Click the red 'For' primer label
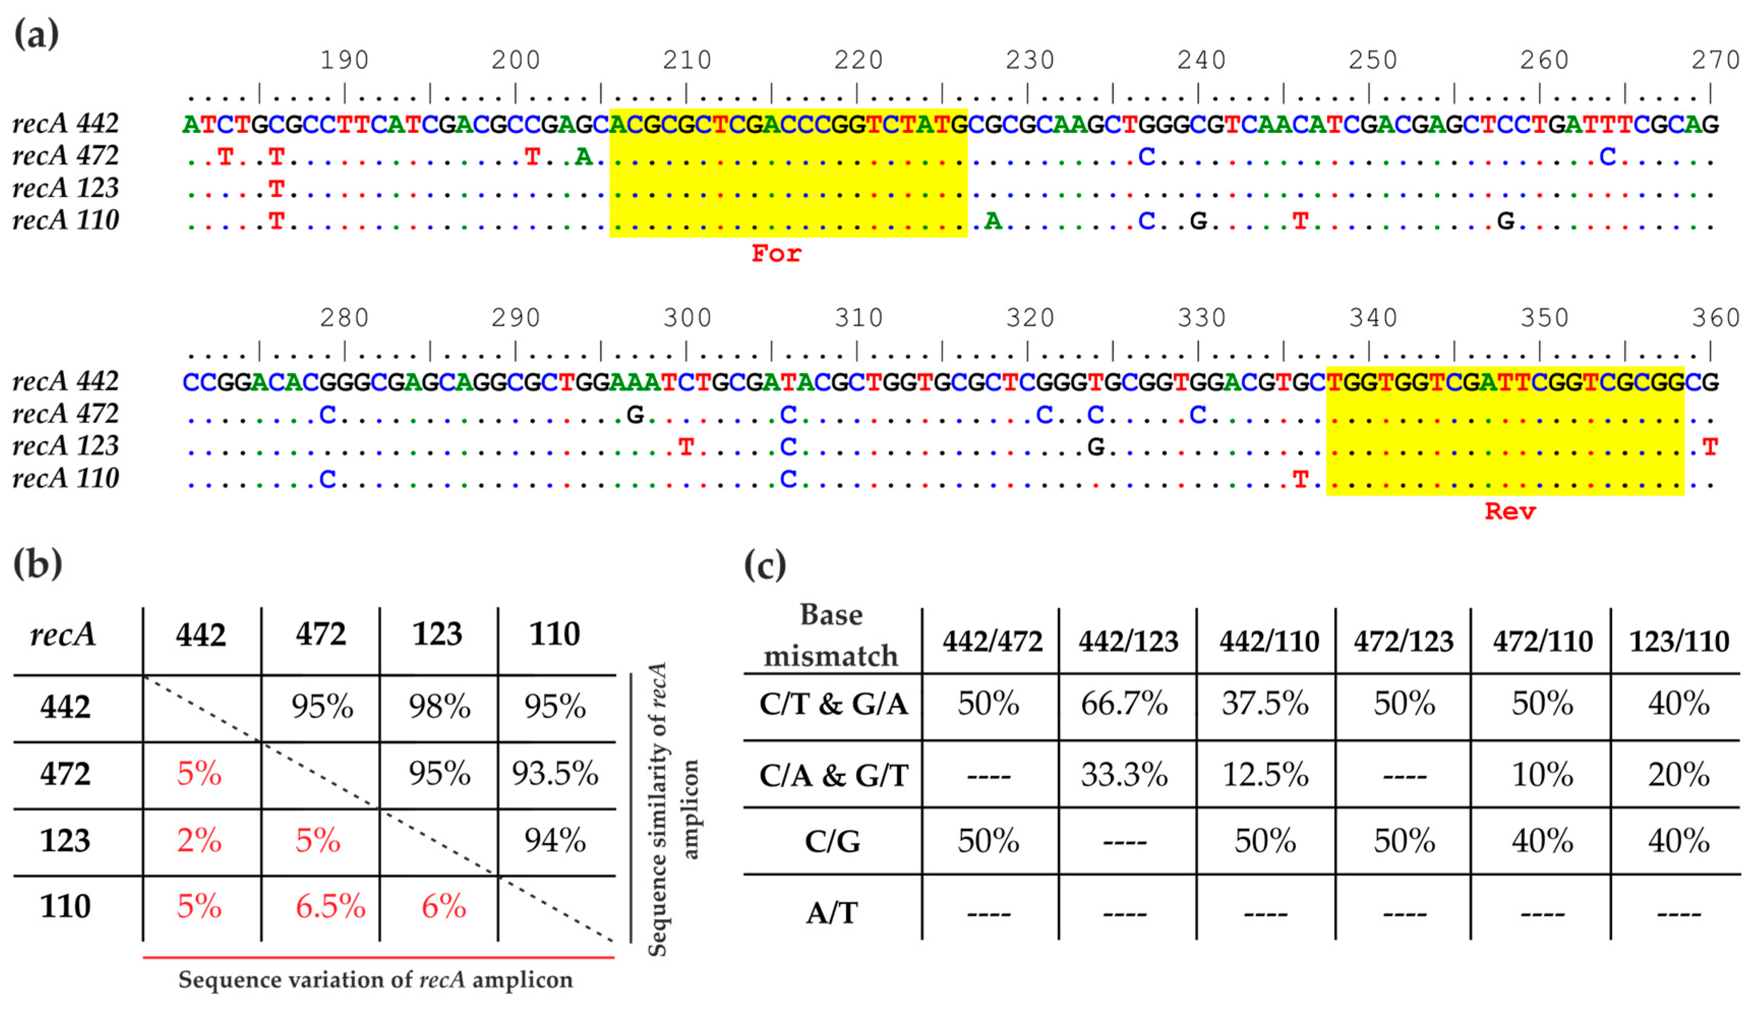click(x=776, y=254)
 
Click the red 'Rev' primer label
click(x=1509, y=512)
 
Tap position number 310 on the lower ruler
click(x=858, y=318)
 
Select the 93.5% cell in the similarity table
click(x=555, y=774)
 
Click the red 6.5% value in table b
click(x=330, y=907)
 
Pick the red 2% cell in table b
click(x=199, y=840)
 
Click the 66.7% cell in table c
click(x=1124, y=704)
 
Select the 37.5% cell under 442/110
click(x=1265, y=704)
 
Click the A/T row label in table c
click(x=831, y=913)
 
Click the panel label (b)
click(x=38, y=564)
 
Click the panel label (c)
click(x=764, y=566)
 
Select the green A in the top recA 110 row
click(x=993, y=221)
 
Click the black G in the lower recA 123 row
click(x=1095, y=447)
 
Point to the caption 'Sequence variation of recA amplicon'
click(x=375, y=980)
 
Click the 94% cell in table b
click(x=555, y=840)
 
